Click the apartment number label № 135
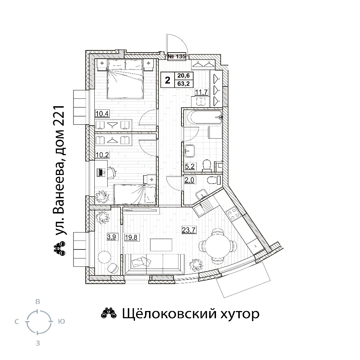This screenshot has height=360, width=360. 177,56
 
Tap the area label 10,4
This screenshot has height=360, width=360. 102,113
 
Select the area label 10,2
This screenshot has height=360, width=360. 102,155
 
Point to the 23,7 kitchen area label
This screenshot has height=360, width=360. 189,230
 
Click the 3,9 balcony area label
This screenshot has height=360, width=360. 112,237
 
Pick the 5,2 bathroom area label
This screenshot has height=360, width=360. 190,166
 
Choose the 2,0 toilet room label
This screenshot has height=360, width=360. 189,180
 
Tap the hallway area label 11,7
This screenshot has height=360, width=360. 201,92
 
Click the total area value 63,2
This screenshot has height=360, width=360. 184,84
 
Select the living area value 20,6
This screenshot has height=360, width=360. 184,75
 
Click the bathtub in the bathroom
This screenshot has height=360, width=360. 204,117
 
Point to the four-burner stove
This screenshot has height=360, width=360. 233,213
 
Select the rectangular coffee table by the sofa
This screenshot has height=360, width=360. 161,245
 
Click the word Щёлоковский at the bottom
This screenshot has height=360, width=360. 169,314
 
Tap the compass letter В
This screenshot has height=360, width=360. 38,301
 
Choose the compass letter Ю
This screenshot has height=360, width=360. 61,321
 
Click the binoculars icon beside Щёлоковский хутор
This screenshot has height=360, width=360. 109,314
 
